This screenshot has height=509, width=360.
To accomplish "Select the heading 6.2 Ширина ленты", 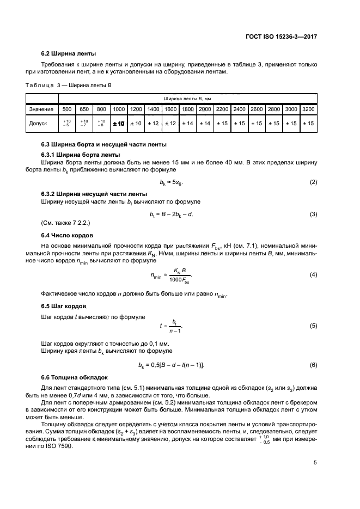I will click(69, 54).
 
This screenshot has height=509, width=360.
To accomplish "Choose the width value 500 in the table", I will click(68, 109).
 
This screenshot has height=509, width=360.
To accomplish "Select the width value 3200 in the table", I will click(308, 109).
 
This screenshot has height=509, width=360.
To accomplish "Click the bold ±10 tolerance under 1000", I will click(118, 124).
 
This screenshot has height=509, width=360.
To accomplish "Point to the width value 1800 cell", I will click(188, 109).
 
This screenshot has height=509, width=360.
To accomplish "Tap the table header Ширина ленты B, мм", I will click(187, 98).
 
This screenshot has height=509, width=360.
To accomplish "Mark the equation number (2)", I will click(314, 182).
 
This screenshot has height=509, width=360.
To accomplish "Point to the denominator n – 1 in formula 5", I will click(175, 330).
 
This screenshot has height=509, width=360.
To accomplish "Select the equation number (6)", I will click(314, 364).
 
